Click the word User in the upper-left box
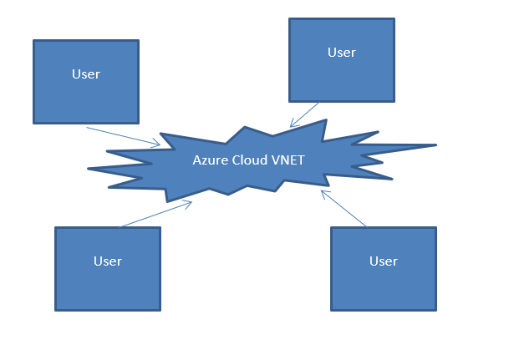click(86, 74)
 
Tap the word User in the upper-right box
click(341, 53)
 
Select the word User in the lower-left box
click(108, 261)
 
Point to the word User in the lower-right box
click(384, 261)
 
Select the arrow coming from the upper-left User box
click(123, 136)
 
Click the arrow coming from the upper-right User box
click(305, 114)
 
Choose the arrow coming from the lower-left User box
click(157, 214)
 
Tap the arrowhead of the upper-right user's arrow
click(293, 125)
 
